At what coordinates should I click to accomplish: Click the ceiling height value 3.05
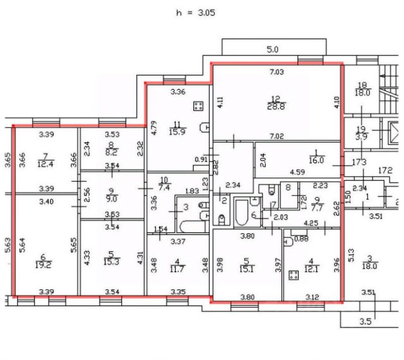click(206, 12)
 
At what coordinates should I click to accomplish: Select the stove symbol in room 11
click(199, 106)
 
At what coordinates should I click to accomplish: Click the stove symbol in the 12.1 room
click(294, 275)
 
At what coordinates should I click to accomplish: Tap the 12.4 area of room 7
click(45, 164)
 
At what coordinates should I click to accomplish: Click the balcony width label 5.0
click(272, 49)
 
